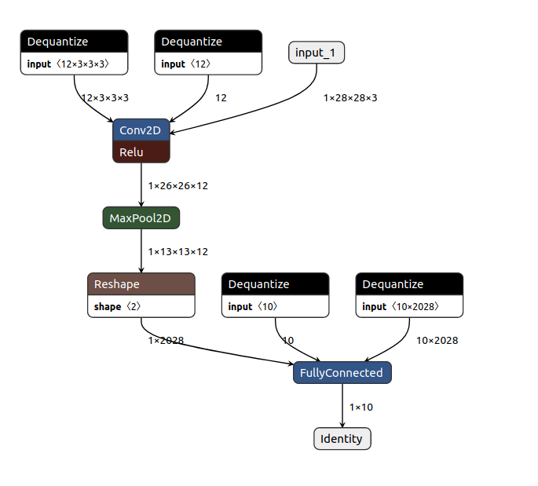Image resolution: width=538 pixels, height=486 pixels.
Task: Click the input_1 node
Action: (x=317, y=53)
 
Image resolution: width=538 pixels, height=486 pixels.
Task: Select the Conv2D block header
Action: (x=141, y=130)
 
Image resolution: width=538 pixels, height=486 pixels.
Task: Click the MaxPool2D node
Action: (x=141, y=217)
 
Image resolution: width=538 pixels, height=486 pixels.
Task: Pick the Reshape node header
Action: (x=141, y=284)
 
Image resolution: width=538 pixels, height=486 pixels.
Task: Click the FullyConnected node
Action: (x=342, y=373)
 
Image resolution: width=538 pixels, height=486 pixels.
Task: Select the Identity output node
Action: (x=342, y=439)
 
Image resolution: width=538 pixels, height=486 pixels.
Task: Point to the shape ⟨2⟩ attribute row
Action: (x=141, y=306)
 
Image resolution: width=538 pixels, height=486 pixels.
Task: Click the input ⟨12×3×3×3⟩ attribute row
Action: (x=74, y=64)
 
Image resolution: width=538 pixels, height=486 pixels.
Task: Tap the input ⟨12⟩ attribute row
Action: (x=208, y=64)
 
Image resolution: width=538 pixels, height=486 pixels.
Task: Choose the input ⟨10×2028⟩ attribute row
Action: (x=409, y=306)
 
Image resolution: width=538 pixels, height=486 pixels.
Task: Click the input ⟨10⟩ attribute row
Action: (x=275, y=306)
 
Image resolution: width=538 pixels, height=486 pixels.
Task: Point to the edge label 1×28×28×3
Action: (x=350, y=98)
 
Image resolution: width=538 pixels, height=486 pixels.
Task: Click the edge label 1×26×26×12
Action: (x=178, y=186)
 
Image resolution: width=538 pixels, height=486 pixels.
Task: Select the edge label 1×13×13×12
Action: (x=178, y=252)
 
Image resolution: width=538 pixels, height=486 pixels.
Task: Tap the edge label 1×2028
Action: (x=166, y=341)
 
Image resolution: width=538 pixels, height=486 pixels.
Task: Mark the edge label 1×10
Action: (x=361, y=407)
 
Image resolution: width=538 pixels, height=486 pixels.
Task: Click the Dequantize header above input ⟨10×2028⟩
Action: (x=409, y=284)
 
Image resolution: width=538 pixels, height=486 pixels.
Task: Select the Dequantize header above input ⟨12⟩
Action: (x=208, y=42)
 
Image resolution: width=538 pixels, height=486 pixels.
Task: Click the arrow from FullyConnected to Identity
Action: (x=342, y=406)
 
